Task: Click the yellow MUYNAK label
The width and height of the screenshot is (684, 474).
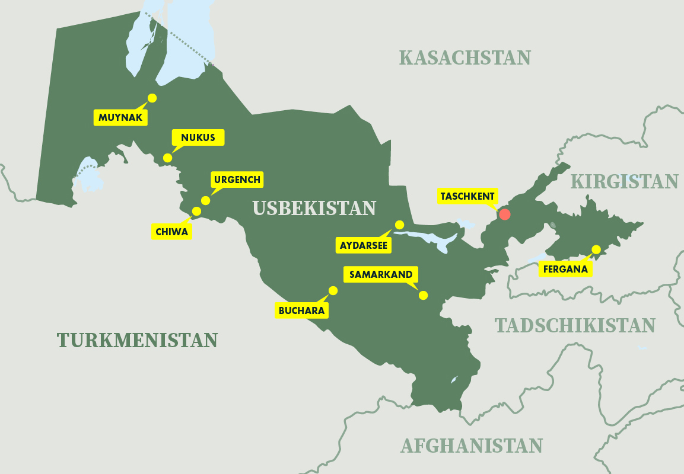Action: [x=120, y=117]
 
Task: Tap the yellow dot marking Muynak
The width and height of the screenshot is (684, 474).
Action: [x=152, y=98]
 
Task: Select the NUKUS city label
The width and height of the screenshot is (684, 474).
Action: [x=198, y=138]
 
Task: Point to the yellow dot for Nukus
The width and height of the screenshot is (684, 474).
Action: [x=168, y=158]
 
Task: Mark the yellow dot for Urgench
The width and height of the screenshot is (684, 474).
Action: [x=205, y=200]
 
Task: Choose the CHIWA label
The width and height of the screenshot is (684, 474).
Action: [x=172, y=232]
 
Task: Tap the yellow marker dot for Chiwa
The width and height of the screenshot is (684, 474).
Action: [x=196, y=211]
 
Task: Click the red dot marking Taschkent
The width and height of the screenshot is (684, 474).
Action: [x=505, y=214]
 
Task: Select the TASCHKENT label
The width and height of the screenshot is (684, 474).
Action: [x=467, y=196]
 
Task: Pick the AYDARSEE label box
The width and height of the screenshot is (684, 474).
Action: [x=364, y=245]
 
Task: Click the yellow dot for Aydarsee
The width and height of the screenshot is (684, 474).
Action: [x=399, y=225]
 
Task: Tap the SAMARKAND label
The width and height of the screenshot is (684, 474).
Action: [x=380, y=275]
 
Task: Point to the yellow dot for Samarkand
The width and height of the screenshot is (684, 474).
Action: [x=423, y=295]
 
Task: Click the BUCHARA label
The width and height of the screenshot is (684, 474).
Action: [x=302, y=310]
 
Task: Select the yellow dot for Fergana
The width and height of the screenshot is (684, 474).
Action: [x=596, y=249]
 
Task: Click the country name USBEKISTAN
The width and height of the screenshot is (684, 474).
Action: [x=314, y=208]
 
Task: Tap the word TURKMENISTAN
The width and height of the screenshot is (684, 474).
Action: [x=137, y=340]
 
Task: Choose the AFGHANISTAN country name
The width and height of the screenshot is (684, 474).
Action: [x=472, y=446]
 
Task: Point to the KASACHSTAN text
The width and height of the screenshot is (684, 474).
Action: [x=465, y=57]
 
